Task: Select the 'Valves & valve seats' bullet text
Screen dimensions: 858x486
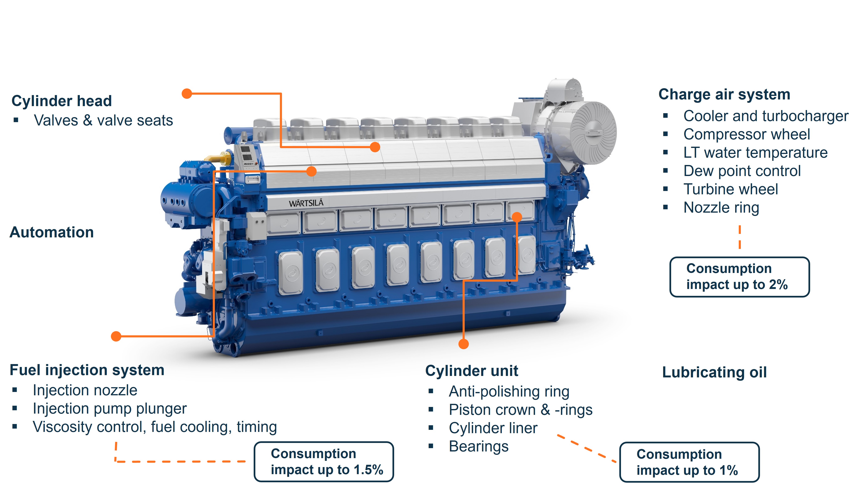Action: click(x=103, y=120)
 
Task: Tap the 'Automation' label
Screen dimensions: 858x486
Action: click(x=52, y=232)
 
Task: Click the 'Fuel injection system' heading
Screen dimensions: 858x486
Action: click(x=87, y=370)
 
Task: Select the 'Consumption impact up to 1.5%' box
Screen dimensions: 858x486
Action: click(x=324, y=462)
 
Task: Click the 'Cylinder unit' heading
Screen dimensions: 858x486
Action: click(x=472, y=371)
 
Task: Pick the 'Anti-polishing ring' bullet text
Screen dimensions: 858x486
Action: click(x=509, y=392)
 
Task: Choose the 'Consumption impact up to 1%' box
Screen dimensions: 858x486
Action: click(x=689, y=462)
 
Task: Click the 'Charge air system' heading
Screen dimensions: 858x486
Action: click(x=724, y=94)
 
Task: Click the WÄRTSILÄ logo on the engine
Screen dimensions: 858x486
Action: click(x=306, y=203)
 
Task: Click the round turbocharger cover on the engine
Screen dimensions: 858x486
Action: click(x=593, y=133)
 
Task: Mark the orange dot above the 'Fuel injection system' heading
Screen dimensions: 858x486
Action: click(x=116, y=336)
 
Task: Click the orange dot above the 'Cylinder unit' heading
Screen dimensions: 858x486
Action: click(x=463, y=344)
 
